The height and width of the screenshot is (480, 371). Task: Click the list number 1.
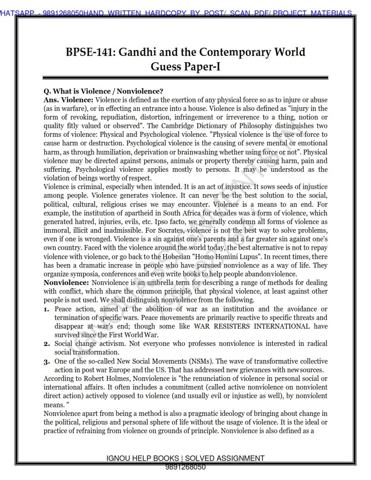[x=46, y=309]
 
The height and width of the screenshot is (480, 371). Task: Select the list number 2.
[x=46, y=344]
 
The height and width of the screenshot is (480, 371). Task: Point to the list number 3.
[x=46, y=361]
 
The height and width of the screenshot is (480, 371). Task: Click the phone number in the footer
[x=185, y=467]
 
